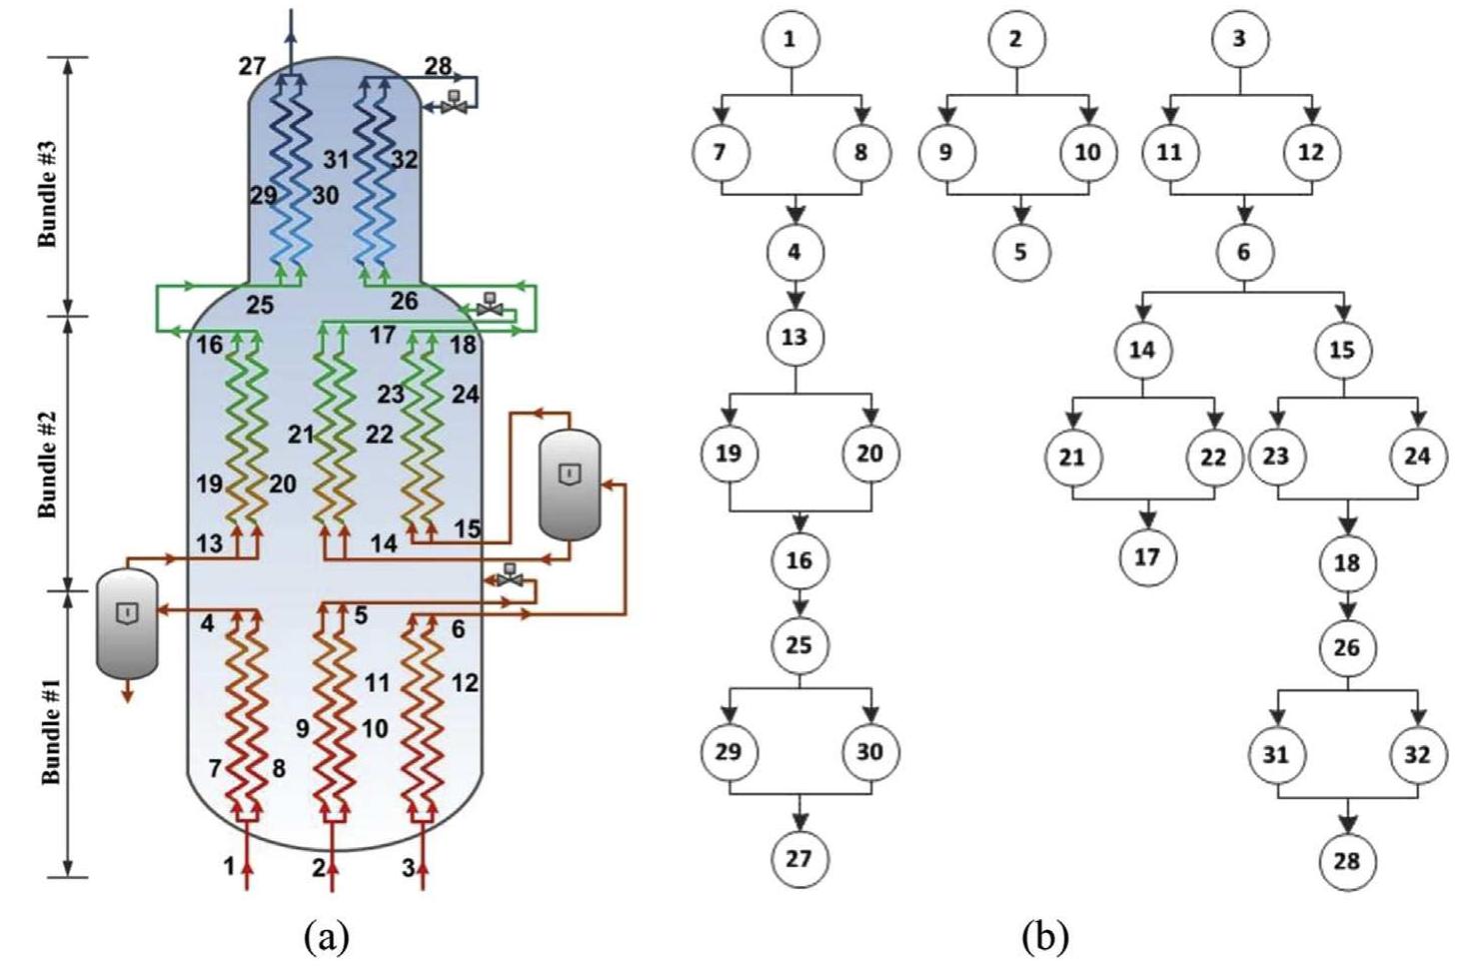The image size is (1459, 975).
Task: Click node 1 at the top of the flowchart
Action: (790, 40)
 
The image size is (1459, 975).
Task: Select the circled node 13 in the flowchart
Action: (794, 337)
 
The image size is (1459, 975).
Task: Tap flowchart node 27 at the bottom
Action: (799, 858)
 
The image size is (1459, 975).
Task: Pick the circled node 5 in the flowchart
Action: (1020, 251)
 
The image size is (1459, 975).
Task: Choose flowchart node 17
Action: (1147, 556)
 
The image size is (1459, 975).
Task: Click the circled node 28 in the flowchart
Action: (1346, 860)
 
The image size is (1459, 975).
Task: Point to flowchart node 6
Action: (1244, 252)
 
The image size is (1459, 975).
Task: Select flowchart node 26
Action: (1346, 647)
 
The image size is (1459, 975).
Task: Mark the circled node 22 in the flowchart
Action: (1213, 457)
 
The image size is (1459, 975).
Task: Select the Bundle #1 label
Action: (50, 731)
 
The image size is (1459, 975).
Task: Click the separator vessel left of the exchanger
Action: (127, 622)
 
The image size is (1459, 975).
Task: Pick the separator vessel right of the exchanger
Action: (569, 485)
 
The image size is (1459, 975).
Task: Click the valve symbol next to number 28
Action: (456, 102)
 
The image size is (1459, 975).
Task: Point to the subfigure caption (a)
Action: (329, 937)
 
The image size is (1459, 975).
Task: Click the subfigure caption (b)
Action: (1045, 937)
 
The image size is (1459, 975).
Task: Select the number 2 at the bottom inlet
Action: (319, 867)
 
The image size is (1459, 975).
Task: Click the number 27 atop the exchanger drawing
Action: (252, 67)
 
